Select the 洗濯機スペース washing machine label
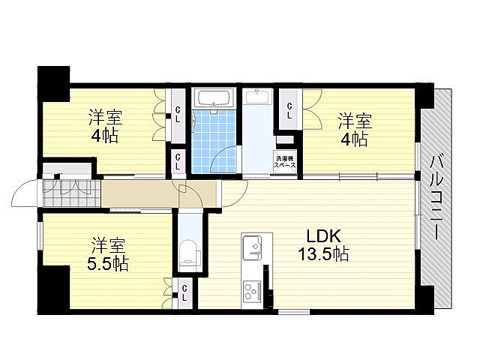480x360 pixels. (x=285, y=161)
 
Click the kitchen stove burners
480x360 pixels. (x=250, y=289)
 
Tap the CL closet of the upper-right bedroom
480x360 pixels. (x=289, y=111)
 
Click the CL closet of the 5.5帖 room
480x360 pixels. (x=184, y=292)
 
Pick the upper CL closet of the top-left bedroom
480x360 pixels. (x=178, y=114)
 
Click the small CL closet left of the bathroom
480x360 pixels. (x=178, y=161)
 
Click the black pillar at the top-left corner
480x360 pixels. (x=53, y=82)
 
